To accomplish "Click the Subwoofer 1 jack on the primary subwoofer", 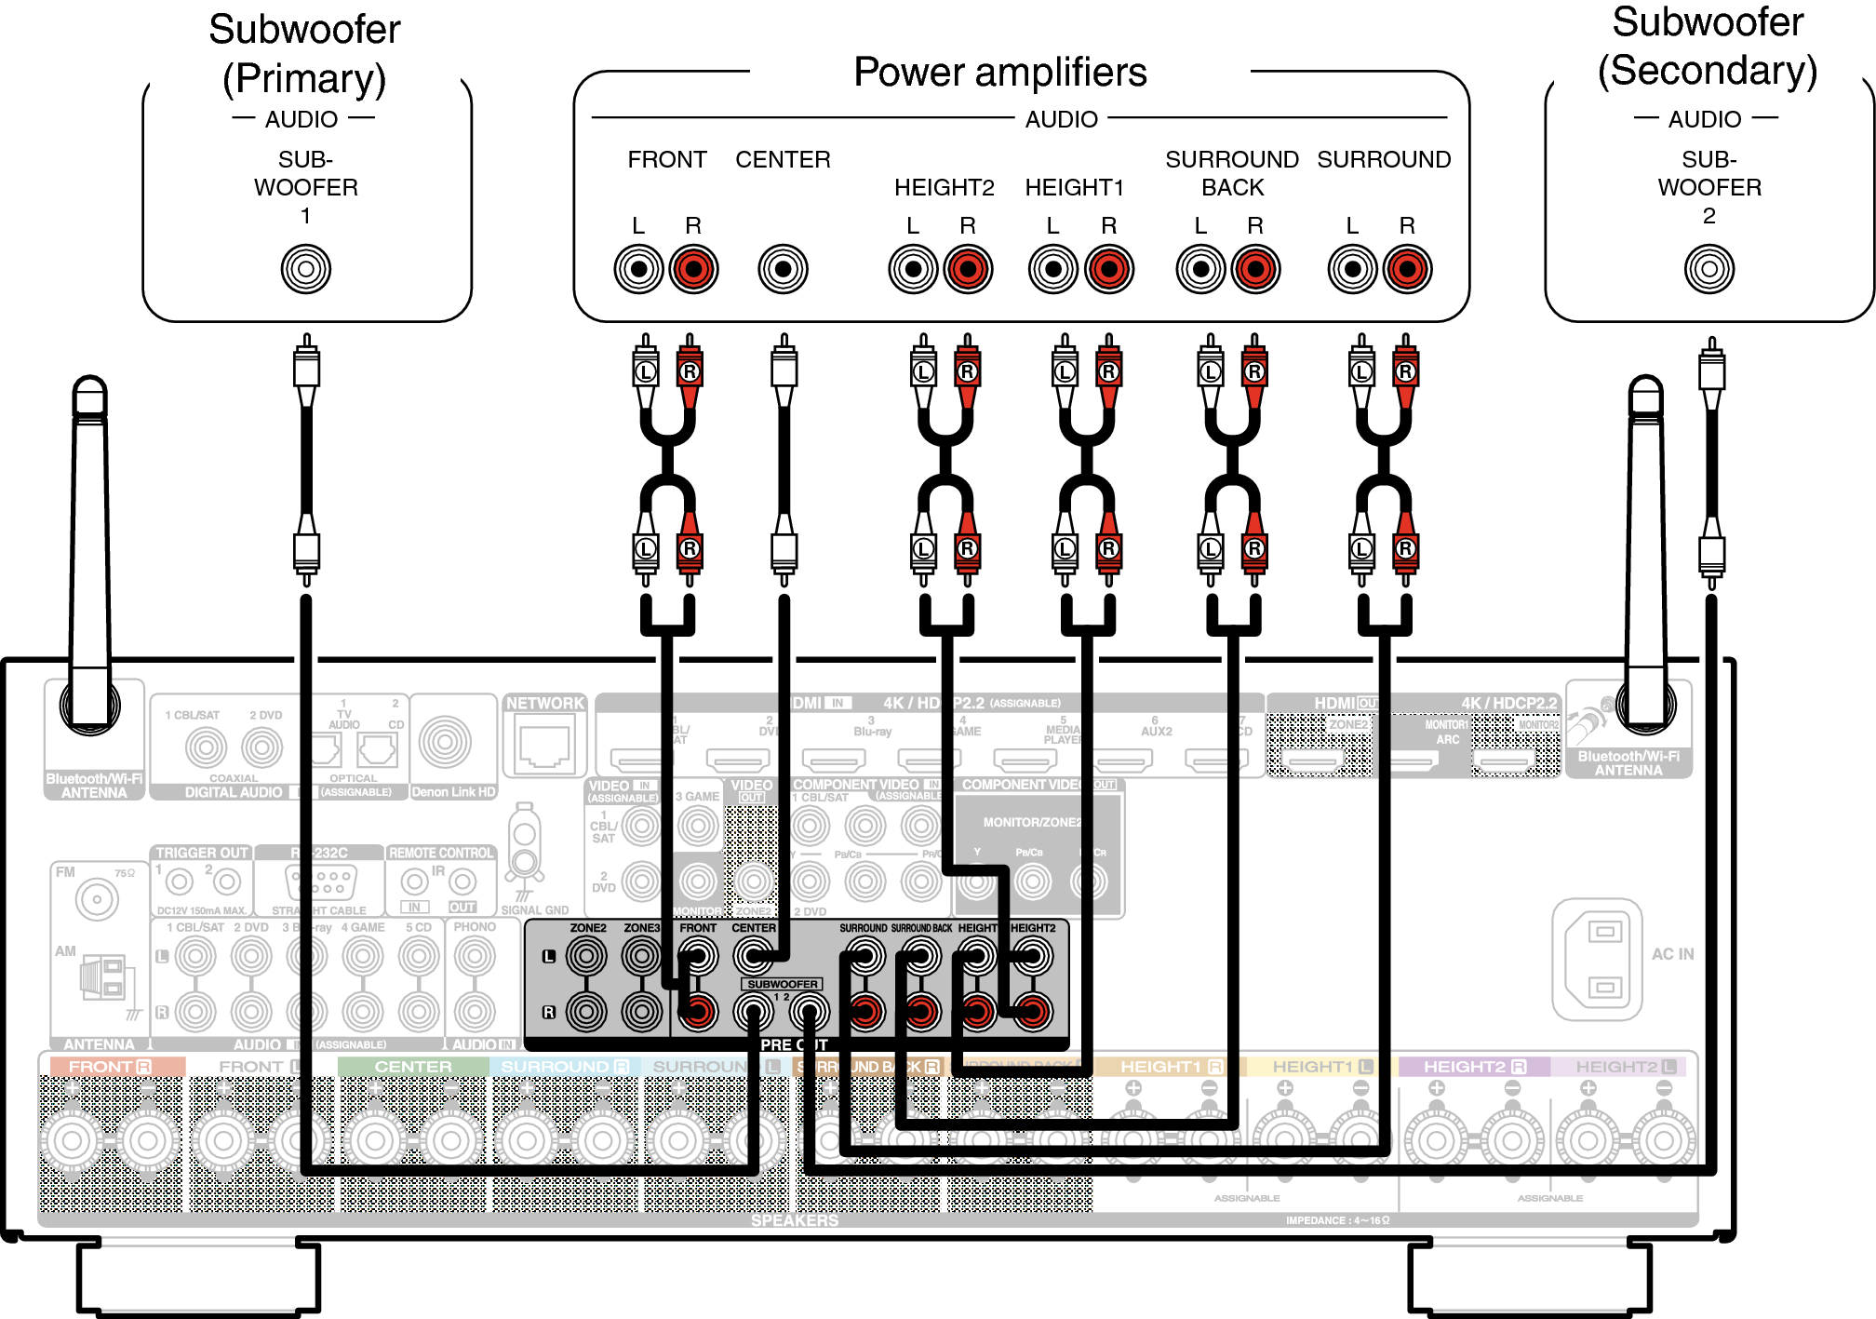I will coord(305,270).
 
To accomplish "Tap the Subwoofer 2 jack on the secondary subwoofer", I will coord(1708,270).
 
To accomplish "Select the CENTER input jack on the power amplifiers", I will coord(783,270).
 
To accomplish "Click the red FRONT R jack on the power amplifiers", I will coord(693,270).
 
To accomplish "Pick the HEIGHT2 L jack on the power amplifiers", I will coord(913,270).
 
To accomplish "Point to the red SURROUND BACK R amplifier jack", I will coord(1255,270).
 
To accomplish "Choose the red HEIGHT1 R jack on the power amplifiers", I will coord(1108,270).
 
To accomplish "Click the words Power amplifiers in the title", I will coord(999,73).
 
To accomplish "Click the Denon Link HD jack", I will coord(445,742).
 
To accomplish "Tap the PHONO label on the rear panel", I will coord(475,927).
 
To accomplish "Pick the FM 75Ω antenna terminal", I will coord(97,899).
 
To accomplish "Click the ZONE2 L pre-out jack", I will coord(586,956).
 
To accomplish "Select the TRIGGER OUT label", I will coord(201,853).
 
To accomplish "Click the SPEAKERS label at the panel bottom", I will coord(794,1220).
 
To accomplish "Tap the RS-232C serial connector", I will coord(319,880).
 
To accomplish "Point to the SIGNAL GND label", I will coord(534,910).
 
